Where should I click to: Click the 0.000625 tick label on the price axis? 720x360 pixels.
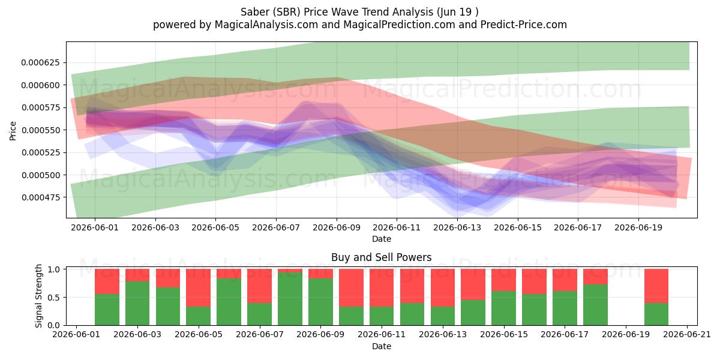pyautogui.click(x=41, y=62)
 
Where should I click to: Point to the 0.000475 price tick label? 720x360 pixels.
pyautogui.click(x=41, y=197)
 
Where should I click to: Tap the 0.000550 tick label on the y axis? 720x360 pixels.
pyautogui.click(x=41, y=130)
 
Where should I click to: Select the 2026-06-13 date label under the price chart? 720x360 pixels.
pyautogui.click(x=457, y=227)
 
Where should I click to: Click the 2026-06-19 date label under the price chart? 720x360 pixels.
pyautogui.click(x=638, y=227)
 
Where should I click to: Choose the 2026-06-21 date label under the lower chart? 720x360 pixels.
pyautogui.click(x=687, y=335)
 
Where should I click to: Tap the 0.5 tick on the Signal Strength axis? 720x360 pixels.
pyautogui.click(x=53, y=298)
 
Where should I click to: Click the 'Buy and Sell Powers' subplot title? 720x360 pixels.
pyautogui.click(x=382, y=257)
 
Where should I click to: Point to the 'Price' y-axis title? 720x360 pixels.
pyautogui.click(x=13, y=131)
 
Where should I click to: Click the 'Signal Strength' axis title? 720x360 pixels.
pyautogui.click(x=38, y=296)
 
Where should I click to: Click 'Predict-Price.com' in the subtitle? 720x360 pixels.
pyautogui.click(x=524, y=25)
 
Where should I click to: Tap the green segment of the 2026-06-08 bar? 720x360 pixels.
pyautogui.click(x=290, y=299)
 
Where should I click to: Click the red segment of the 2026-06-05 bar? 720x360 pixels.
pyautogui.click(x=199, y=287)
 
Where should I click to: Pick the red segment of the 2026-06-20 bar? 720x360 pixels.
pyautogui.click(x=656, y=286)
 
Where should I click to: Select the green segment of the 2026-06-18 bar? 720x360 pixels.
pyautogui.click(x=595, y=305)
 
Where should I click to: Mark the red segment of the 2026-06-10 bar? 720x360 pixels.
pyautogui.click(x=351, y=287)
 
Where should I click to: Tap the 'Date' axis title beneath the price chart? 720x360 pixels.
pyautogui.click(x=382, y=239)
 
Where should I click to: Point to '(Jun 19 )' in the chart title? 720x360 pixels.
pyautogui.click(x=457, y=12)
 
